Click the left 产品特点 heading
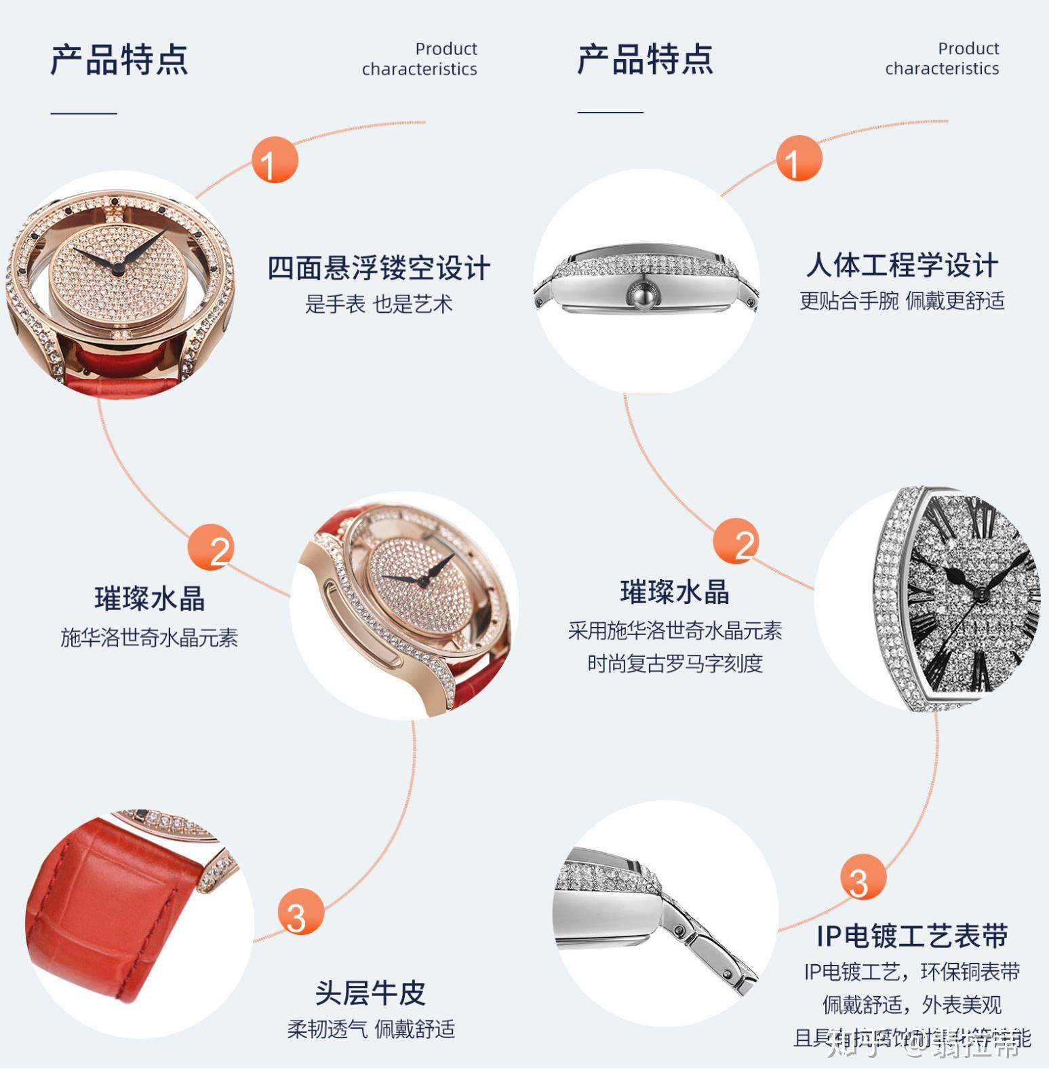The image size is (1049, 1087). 119,60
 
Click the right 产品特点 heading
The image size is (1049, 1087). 645,60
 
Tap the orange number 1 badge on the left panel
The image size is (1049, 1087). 275,160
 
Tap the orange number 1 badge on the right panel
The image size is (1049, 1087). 799,159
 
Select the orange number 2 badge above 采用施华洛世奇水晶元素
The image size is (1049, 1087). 736,541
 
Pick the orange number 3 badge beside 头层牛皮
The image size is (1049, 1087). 300,911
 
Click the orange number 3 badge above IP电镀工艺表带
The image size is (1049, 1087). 863,877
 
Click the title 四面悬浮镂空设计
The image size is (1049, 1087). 378,268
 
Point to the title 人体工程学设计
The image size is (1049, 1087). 902,265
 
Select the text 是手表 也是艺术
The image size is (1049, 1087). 378,304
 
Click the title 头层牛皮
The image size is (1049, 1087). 370,993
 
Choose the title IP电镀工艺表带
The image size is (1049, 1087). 912,936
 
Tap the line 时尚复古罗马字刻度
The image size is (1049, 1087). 675,664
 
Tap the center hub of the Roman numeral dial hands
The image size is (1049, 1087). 980,594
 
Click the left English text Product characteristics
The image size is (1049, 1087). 420,59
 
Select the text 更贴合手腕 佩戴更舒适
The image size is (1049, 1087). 902,301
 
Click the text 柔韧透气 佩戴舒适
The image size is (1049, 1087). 371,1029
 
